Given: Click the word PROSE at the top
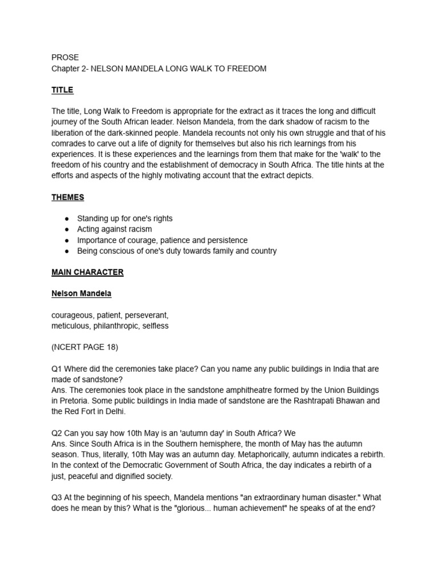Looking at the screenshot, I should tap(65, 58).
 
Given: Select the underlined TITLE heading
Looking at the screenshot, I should tap(62, 90).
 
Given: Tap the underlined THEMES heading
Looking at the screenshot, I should tap(67, 197).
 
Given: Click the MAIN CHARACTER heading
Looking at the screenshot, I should tap(87, 272).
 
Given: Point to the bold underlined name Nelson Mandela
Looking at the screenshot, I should tap(81, 294).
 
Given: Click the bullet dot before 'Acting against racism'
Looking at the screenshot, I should tap(67, 229).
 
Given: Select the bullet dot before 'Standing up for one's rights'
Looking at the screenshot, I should tap(67, 218).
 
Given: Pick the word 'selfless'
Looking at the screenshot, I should tap(156, 326).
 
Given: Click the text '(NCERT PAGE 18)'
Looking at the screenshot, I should tap(84, 347).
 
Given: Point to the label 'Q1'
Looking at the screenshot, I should tap(57, 369).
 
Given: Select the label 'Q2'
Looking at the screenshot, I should tap(57, 433).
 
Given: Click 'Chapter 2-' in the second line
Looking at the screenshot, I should tap(69, 68).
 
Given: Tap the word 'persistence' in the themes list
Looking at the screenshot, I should tap(228, 240).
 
